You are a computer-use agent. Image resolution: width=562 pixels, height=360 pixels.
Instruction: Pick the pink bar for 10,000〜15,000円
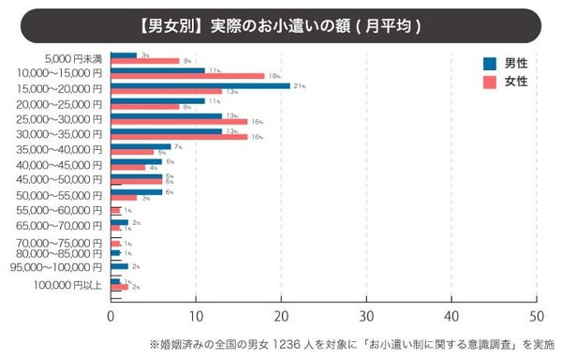coord(187,76)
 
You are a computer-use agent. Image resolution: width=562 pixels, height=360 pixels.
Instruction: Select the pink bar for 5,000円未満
coord(144,61)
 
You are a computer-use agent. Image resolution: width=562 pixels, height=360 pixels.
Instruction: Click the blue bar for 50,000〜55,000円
coord(136,191)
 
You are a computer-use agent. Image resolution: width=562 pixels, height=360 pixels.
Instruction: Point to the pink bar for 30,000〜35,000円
coord(179,137)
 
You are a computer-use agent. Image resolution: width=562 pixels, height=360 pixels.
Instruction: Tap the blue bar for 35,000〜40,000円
coord(140,146)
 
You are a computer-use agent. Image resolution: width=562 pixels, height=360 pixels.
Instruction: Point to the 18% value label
coord(273,76)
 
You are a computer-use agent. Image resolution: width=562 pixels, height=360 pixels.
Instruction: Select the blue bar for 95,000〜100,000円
coord(119,266)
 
